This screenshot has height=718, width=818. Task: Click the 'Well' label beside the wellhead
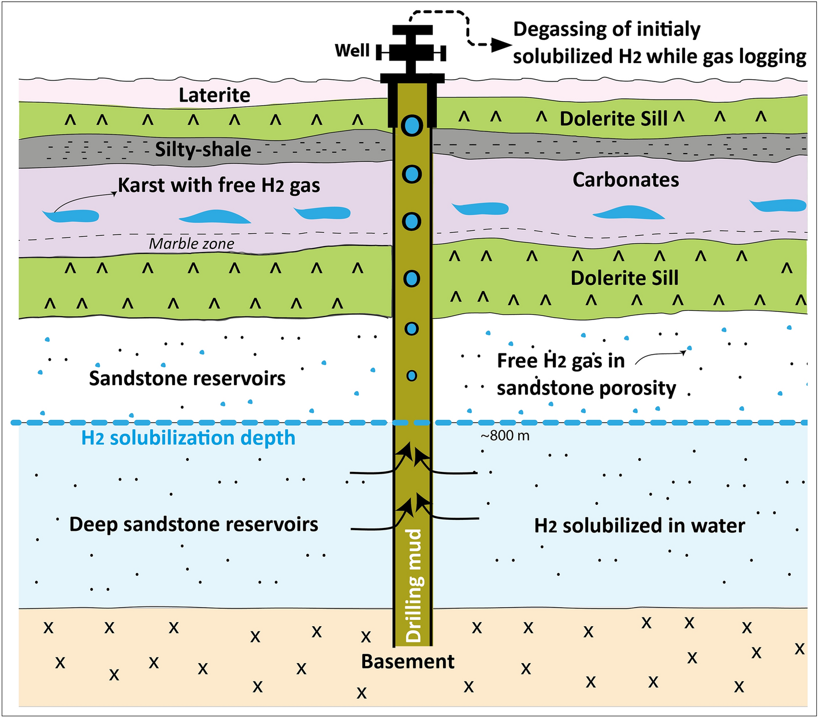tap(352, 51)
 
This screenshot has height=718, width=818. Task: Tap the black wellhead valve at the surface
tap(411, 52)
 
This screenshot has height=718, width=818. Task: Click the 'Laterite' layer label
tap(214, 95)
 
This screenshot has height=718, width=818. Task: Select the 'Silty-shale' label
tap(203, 150)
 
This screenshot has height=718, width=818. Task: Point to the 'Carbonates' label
tap(626, 180)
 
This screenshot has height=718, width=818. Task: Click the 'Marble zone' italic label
tap(191, 244)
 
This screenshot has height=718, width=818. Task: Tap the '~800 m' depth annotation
tap(505, 436)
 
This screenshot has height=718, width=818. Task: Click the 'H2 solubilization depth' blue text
tap(188, 438)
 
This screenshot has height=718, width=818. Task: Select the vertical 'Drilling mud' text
tap(414, 586)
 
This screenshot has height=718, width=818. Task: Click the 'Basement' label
tap(408, 661)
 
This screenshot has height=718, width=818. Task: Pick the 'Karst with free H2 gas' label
tap(219, 185)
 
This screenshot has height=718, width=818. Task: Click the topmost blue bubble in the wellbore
tap(412, 125)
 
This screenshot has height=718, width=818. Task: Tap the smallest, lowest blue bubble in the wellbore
tap(411, 376)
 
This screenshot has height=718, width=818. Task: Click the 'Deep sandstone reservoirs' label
tap(194, 524)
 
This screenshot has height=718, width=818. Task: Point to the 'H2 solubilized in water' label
tap(639, 526)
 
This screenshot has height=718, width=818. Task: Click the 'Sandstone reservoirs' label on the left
tap(187, 378)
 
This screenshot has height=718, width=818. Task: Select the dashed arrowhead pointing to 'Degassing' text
tap(501, 45)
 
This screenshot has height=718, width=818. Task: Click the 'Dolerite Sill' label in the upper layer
tap(613, 119)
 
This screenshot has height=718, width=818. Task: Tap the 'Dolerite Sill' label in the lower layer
tap(624, 278)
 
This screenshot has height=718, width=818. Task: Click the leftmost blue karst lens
tap(70, 216)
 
